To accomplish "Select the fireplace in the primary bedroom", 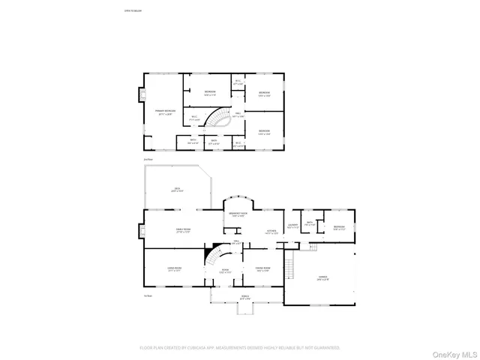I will [139, 95].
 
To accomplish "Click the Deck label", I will [178, 189].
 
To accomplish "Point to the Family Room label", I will [184, 231].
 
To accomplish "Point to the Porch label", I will [244, 296].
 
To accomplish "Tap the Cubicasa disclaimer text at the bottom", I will [240, 348].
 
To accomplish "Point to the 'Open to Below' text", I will [133, 11].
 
